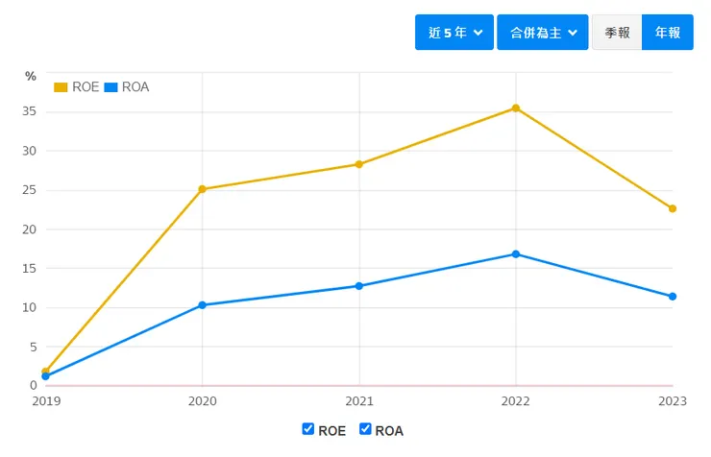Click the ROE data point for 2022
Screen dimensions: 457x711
516,108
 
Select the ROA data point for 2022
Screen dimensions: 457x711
516,254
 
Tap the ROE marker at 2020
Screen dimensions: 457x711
202,189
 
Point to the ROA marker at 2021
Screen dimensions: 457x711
359,286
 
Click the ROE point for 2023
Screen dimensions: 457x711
673,208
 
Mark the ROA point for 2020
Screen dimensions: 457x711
202,305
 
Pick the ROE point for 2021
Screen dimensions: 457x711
359,164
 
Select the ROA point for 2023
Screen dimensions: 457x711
673,297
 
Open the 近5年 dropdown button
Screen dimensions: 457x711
454,33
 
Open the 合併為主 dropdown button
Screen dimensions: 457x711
542,33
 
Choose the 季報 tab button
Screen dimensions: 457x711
617,33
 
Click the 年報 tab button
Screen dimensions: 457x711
668,33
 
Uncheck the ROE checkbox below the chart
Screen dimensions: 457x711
308,429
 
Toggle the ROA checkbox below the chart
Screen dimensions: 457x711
365,429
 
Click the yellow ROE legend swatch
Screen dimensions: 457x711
61,87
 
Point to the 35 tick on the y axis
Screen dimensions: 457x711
31,111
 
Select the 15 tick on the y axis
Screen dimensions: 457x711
31,269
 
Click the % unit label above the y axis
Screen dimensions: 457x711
31,76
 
